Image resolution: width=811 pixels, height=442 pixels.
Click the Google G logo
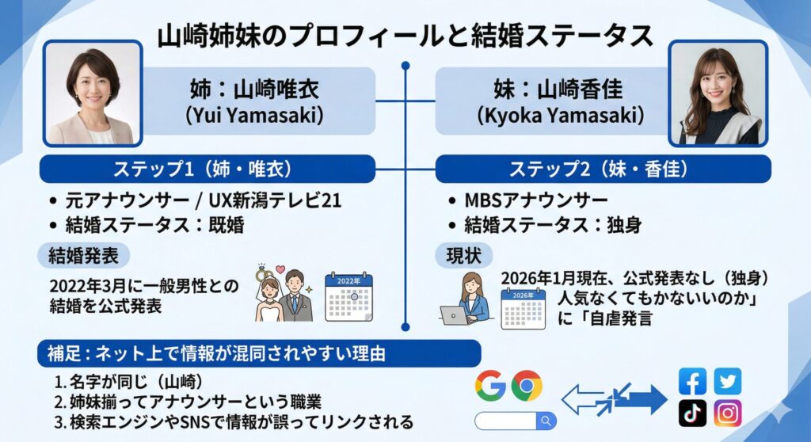coord(490,385)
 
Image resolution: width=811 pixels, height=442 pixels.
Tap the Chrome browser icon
coord(526,385)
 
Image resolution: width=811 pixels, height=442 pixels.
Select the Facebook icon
coord(693,382)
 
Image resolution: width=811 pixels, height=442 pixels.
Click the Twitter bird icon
coord(727,382)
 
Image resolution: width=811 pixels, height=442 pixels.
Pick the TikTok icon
coord(693,413)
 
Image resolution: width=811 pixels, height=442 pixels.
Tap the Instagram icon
coord(727,413)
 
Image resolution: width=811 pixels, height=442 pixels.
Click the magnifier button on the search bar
coord(545,420)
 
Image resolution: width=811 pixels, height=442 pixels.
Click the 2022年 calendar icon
coord(348,297)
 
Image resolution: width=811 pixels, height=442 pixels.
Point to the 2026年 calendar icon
coord(523,307)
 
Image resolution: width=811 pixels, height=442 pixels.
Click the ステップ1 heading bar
coord(207,168)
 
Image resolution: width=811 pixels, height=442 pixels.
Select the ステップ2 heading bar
coord(602,168)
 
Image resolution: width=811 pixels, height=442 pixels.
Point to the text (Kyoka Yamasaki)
coord(560,115)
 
